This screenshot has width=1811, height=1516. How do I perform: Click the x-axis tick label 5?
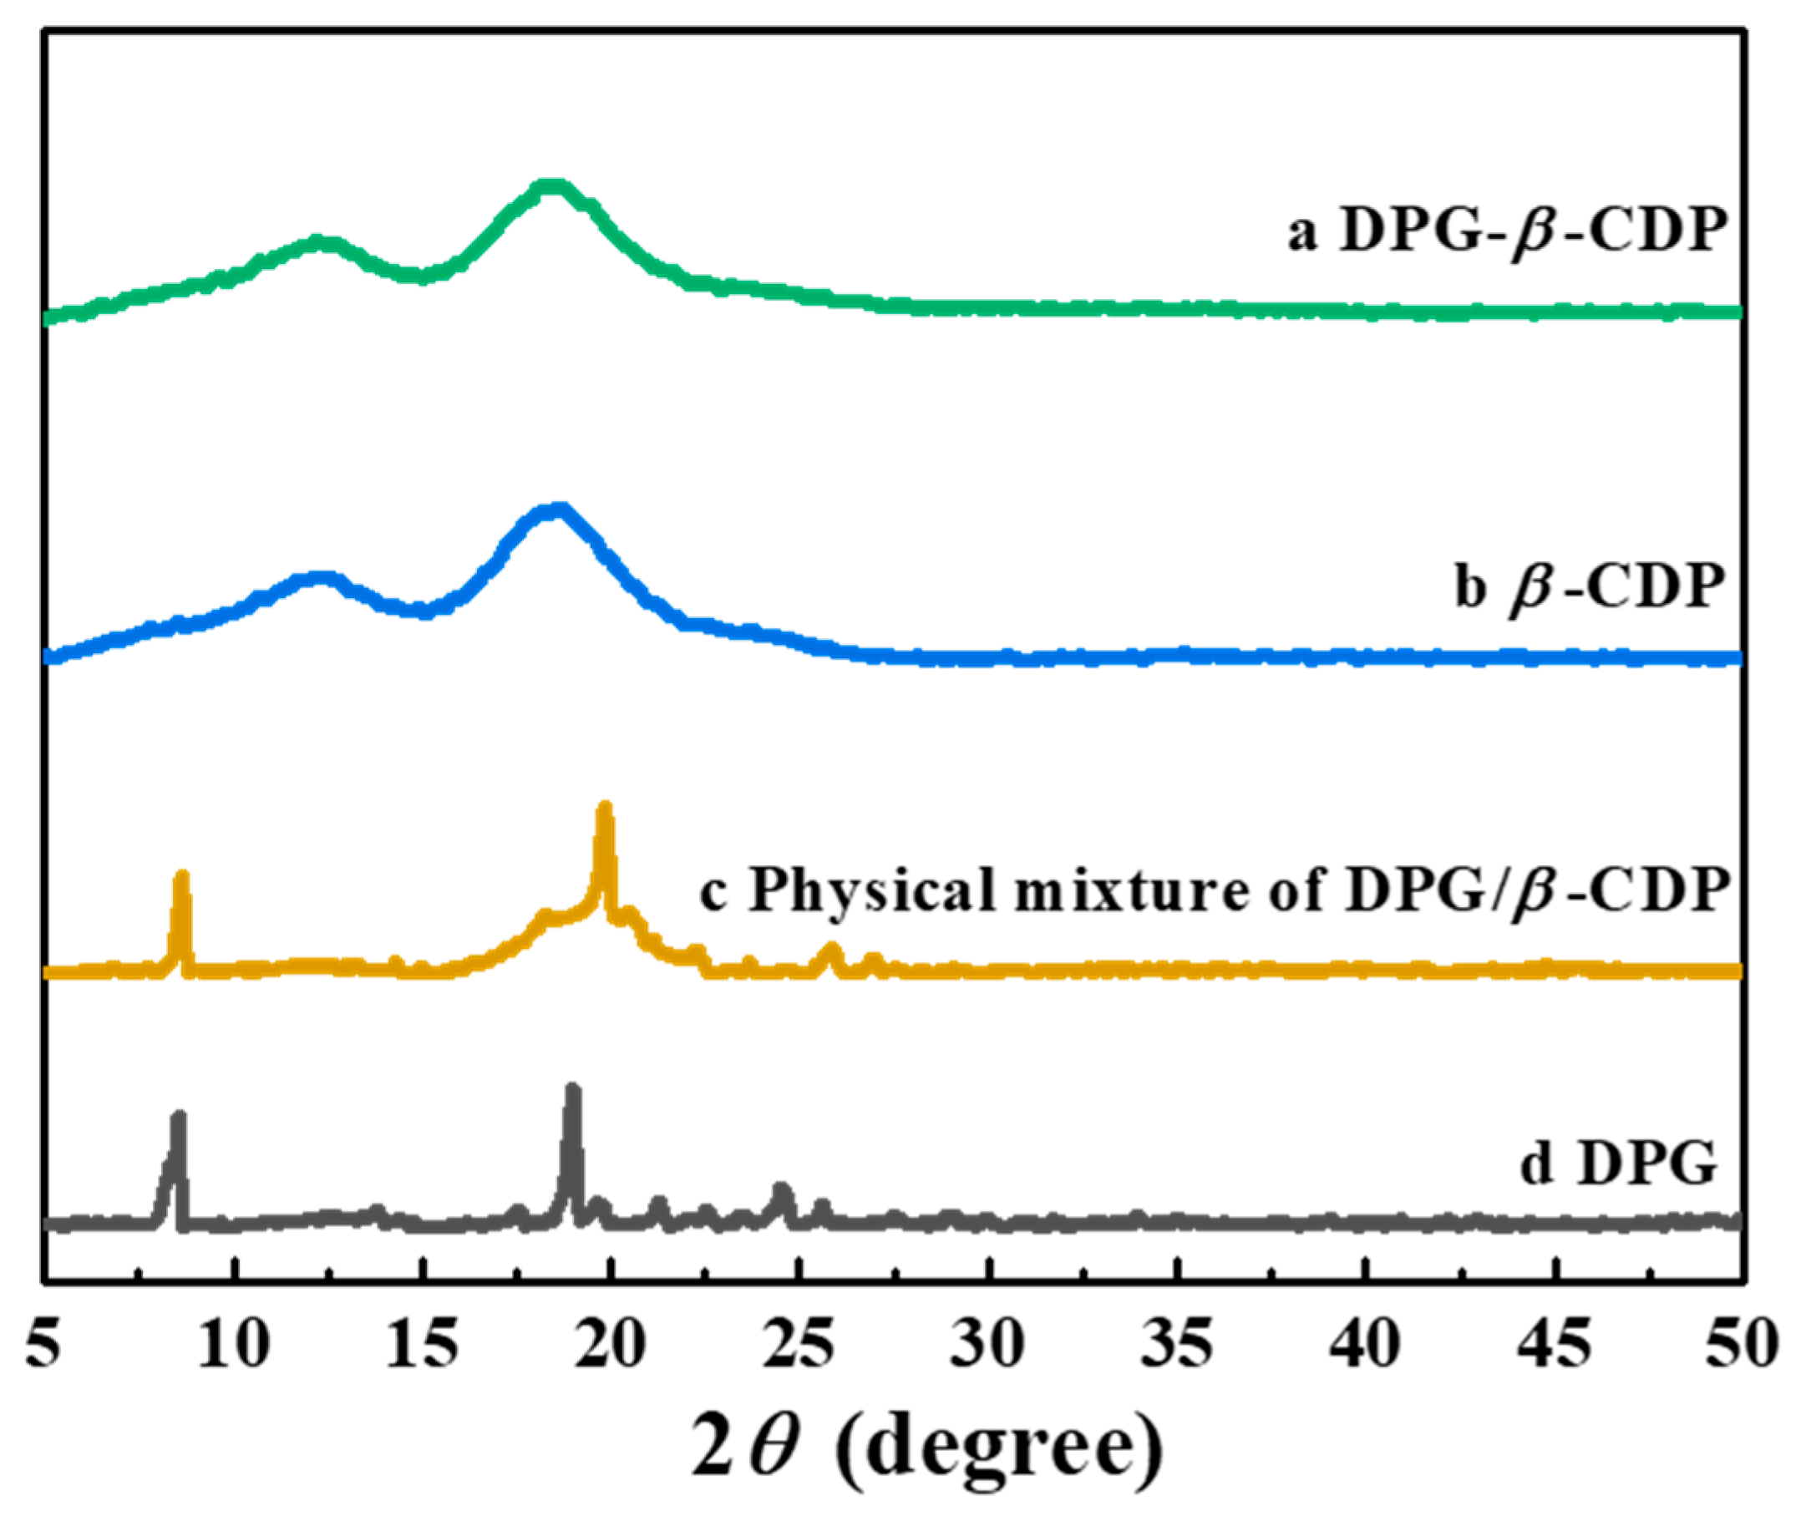(43, 1346)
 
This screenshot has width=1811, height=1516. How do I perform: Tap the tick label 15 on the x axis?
(422, 1346)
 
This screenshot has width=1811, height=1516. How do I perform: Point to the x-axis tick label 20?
(611, 1346)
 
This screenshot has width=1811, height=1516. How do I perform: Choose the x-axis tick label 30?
(988, 1346)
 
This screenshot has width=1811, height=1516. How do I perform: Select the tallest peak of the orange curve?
(606, 809)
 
